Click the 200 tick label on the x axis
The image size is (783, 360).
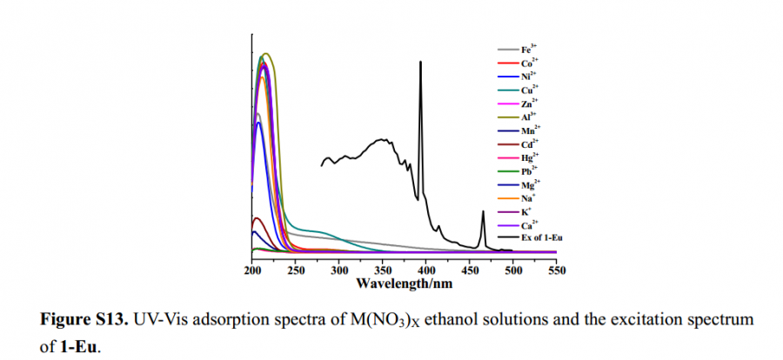pos(252,270)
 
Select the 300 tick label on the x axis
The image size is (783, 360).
pos(338,270)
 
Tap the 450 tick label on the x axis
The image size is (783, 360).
pos(469,270)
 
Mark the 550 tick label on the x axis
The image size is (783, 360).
pos(556,270)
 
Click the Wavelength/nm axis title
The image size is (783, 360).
pos(404,283)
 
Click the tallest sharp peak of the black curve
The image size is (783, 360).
pos(421,63)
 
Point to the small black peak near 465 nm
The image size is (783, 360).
pos(483,212)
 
